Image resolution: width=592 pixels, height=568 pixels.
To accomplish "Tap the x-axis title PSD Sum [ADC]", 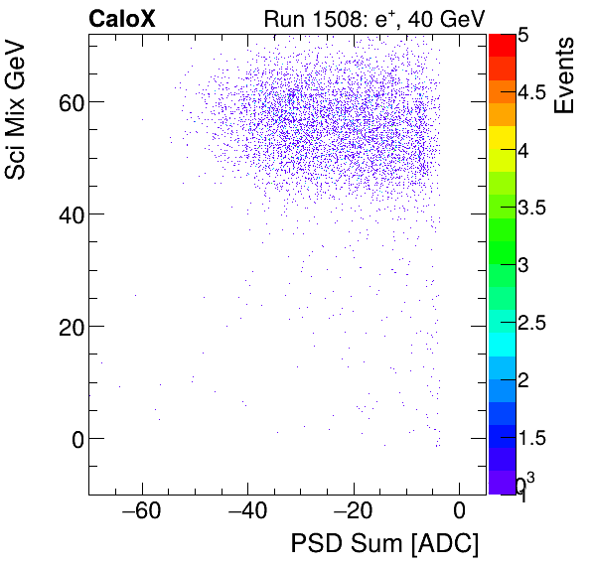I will click(x=383, y=544).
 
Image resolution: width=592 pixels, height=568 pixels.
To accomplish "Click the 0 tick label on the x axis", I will click(x=458, y=513).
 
